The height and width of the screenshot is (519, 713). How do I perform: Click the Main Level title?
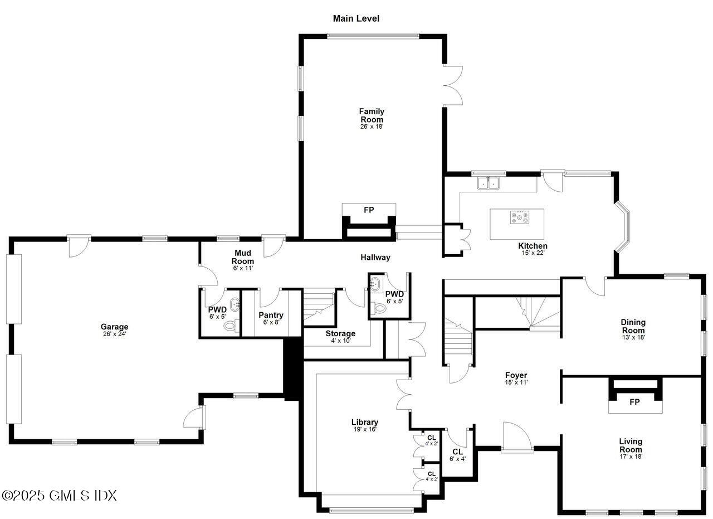(x=356, y=18)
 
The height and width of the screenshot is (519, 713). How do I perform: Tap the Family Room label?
(x=372, y=115)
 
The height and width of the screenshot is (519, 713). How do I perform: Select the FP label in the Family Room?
(x=369, y=210)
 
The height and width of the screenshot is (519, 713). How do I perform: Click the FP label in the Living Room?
(x=634, y=402)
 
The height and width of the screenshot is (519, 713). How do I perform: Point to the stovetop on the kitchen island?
(x=520, y=217)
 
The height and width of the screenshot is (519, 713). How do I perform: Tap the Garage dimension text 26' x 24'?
(x=115, y=334)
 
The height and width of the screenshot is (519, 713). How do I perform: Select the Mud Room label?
(x=242, y=257)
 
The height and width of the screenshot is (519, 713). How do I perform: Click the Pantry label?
(x=271, y=315)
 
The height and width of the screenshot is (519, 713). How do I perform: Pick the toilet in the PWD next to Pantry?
(x=231, y=326)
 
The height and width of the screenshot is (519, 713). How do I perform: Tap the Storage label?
(x=340, y=333)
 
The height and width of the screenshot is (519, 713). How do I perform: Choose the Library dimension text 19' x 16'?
(x=365, y=429)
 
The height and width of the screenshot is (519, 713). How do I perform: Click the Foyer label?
(x=516, y=375)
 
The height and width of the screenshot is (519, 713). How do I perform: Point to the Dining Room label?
(x=633, y=326)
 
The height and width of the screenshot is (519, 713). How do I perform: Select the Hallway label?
(x=375, y=258)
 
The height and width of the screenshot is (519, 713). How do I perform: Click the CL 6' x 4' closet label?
(x=457, y=455)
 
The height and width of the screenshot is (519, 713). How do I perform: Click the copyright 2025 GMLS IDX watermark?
(x=60, y=496)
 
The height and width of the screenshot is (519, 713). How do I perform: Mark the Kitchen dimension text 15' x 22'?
(x=533, y=253)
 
